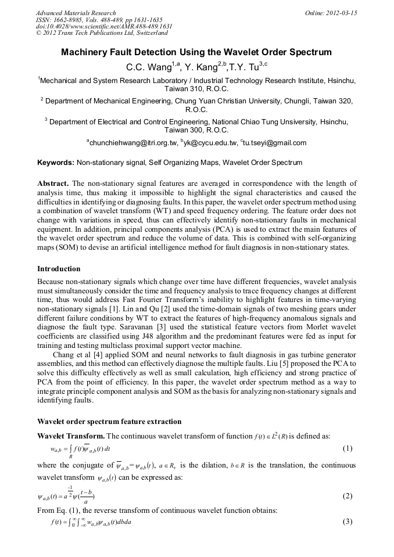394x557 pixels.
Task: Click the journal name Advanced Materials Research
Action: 76,13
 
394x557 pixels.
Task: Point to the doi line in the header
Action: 104,27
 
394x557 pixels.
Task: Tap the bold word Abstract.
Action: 53,183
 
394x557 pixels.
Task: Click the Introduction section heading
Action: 59,269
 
